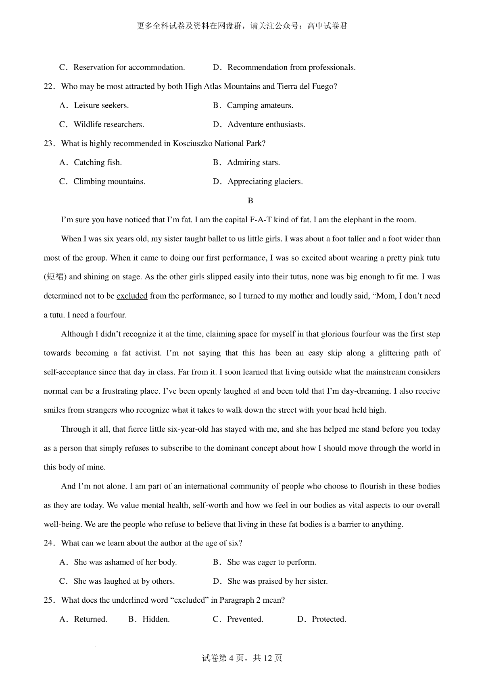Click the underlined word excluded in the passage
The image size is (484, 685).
pyautogui.click(x=132, y=296)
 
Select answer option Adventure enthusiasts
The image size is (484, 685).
pyautogui.click(x=266, y=125)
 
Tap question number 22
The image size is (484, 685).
pyautogui.click(x=49, y=87)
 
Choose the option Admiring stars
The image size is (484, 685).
pyautogui.click(x=253, y=163)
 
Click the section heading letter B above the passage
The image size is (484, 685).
pyautogui.click(x=250, y=200)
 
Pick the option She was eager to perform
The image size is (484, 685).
pyautogui.click(x=271, y=562)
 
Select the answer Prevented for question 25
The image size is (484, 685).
pyautogui.click(x=245, y=619)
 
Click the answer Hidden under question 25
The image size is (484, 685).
pyautogui.click(x=156, y=619)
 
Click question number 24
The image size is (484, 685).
pyautogui.click(x=49, y=543)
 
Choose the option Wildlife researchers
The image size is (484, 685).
pyautogui.click(x=108, y=125)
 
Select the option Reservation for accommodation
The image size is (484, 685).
pyautogui.click(x=129, y=67)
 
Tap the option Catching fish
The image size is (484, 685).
pyautogui.click(x=98, y=163)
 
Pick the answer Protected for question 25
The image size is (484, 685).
pyautogui.click(x=329, y=619)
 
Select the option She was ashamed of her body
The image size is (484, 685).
pyautogui.click(x=125, y=562)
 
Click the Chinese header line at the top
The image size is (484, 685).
pyautogui.click(x=242, y=26)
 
